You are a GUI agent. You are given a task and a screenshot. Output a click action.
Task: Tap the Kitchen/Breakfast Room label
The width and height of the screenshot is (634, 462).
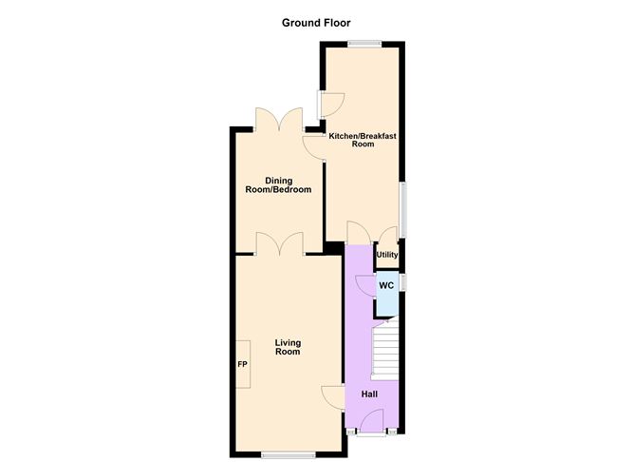point(363,141)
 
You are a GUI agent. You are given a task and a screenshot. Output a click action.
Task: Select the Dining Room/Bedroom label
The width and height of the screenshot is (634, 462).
point(279,185)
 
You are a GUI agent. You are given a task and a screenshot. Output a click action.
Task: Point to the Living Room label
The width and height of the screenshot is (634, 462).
point(288,347)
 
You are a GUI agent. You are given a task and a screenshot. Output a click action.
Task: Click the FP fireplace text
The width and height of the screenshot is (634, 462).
point(242,365)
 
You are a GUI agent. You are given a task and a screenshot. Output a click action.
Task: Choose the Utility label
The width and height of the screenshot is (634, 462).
point(387,255)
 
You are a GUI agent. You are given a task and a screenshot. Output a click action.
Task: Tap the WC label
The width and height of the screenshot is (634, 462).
point(386,285)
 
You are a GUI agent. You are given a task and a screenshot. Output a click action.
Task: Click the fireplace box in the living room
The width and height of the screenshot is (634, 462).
point(243,364)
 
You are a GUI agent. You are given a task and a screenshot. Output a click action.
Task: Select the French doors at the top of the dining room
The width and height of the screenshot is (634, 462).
point(279,121)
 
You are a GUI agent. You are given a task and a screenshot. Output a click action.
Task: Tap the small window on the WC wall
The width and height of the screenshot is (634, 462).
point(403,282)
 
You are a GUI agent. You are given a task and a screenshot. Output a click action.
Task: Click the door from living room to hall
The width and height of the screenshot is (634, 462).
point(332,397)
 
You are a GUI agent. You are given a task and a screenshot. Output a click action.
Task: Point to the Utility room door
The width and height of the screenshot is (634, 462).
point(386,236)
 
